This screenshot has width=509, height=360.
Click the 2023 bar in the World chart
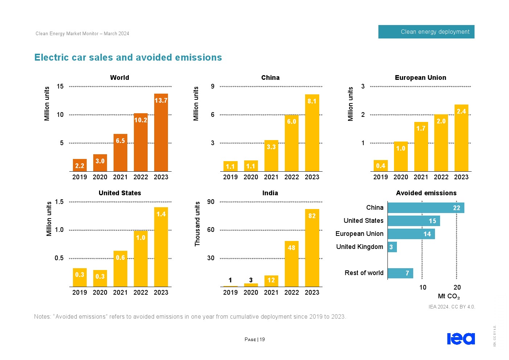pos(161,132)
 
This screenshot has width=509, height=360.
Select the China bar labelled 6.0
pos(292,143)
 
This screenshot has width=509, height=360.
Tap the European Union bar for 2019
pos(381,165)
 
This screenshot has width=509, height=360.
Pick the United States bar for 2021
pos(120,269)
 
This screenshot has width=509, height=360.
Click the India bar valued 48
pos(292,264)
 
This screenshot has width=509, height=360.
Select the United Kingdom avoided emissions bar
pos(392,247)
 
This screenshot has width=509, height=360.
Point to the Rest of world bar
pos(401,273)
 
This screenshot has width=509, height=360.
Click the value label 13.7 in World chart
pos(161,101)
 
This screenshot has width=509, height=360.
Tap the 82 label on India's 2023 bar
pos(312,216)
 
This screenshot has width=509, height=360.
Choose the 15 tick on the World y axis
pos(60,86)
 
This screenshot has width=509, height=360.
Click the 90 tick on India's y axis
pos(211,202)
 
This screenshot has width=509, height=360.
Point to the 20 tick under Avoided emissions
pos(457,287)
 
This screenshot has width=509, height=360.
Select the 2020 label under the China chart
pos(251,177)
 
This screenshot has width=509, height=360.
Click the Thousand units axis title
pos(198,224)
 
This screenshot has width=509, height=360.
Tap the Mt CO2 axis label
pos(449,296)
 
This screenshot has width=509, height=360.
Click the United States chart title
pos(120,193)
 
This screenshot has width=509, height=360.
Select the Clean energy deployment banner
pos(426,32)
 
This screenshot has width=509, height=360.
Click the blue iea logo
pos(461,339)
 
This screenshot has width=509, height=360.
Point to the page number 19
pos(262,340)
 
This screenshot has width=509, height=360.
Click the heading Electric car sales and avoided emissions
pos(128,58)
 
